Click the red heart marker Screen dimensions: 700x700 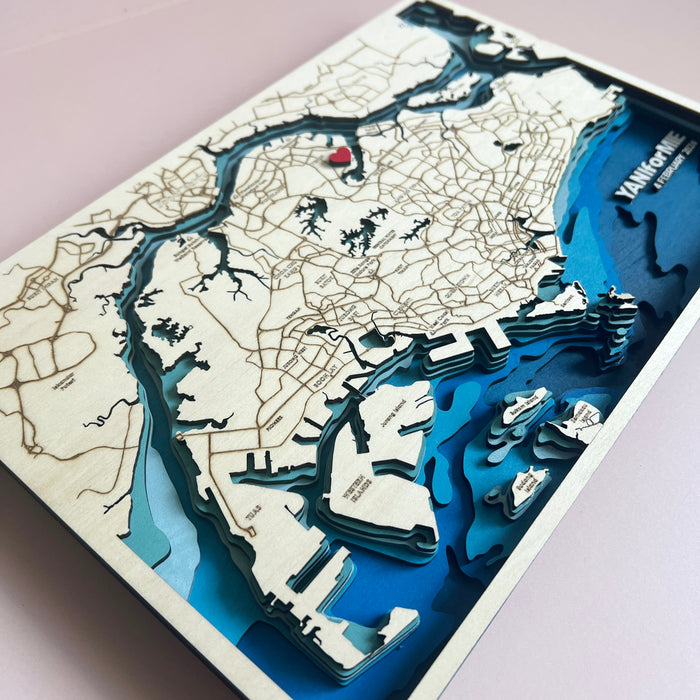pyautogui.click(x=341, y=155)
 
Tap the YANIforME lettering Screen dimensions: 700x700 pyautogui.click(x=648, y=165)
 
